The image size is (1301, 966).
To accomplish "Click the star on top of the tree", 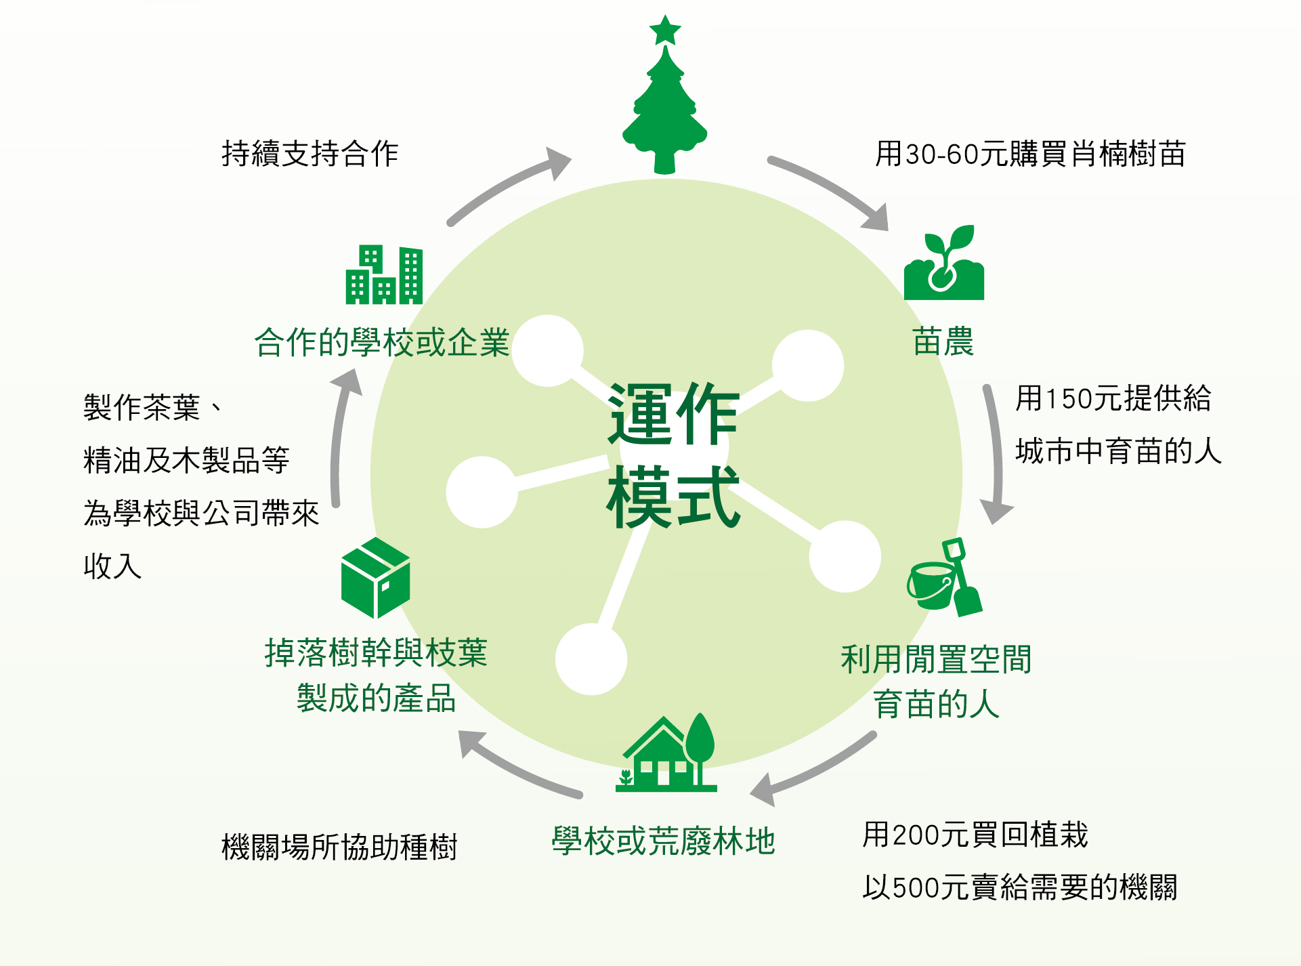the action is click(x=665, y=30).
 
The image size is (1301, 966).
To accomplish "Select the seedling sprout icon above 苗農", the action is click(x=944, y=264).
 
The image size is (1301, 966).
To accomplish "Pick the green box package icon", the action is click(x=376, y=578).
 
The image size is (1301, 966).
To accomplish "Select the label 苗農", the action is click(x=943, y=341).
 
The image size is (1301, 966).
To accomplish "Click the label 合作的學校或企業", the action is click(x=382, y=342).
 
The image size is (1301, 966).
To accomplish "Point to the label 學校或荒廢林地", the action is click(x=664, y=841).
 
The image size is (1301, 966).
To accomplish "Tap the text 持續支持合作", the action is click(x=310, y=154).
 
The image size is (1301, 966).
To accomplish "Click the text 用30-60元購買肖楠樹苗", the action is click(x=1030, y=154).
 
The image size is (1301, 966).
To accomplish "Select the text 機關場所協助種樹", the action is click(x=340, y=847).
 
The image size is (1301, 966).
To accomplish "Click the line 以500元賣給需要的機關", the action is click(x=1020, y=887).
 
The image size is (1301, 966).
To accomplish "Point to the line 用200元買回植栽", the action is click(x=975, y=835).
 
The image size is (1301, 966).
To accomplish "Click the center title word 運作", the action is click(x=673, y=414).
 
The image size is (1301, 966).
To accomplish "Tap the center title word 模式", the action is click(x=673, y=498).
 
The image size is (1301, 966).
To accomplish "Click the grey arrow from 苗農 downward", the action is click(x=994, y=454).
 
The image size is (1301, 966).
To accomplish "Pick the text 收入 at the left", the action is click(x=112, y=566).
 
